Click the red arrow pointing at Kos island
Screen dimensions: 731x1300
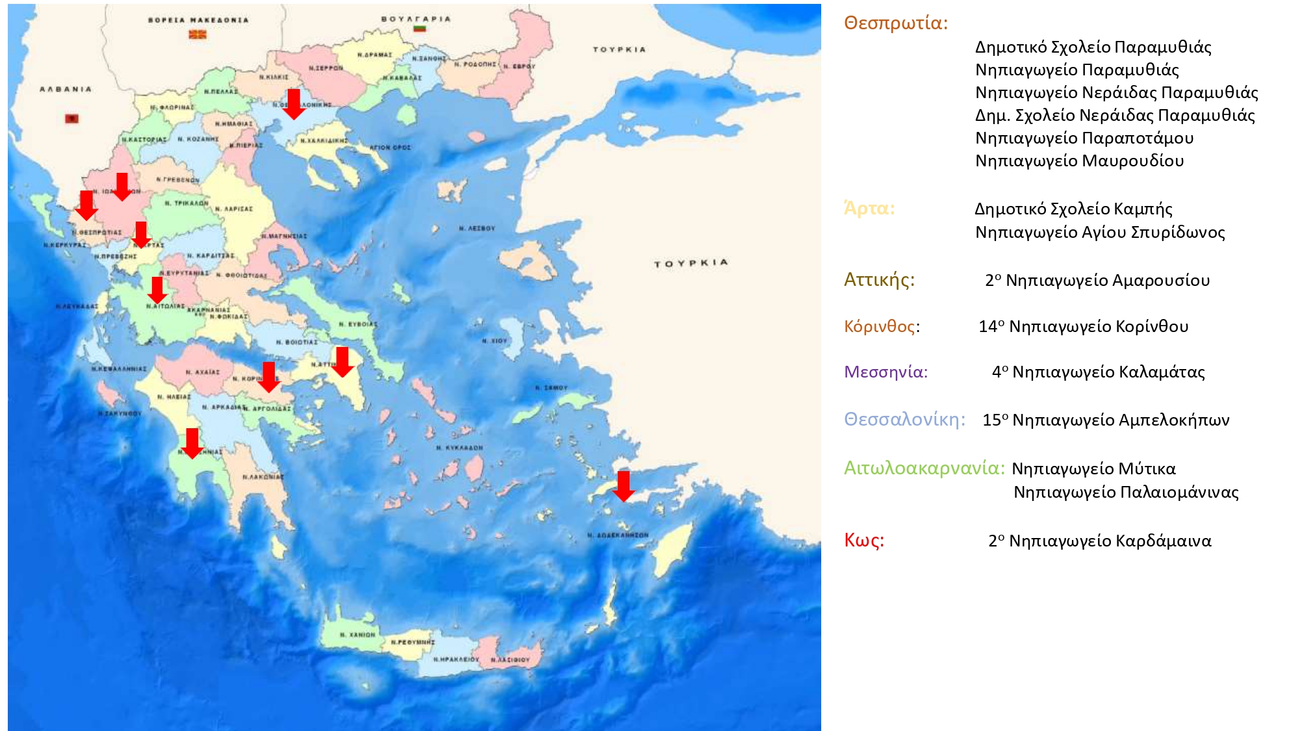pyautogui.click(x=623, y=485)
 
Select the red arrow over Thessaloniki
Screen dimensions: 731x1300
pyautogui.click(x=294, y=103)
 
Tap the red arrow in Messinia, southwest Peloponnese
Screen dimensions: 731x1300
pyautogui.click(x=192, y=442)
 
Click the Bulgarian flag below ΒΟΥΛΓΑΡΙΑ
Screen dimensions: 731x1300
pyautogui.click(x=419, y=29)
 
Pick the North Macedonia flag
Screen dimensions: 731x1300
pyautogui.click(x=198, y=34)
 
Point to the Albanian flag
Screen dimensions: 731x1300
pyautogui.click(x=71, y=118)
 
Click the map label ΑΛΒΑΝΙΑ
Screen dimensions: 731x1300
pyautogui.click(x=66, y=89)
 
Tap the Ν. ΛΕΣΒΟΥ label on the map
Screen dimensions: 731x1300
pyautogui.click(x=476, y=228)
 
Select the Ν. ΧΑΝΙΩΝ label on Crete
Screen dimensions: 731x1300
pyautogui.click(x=357, y=634)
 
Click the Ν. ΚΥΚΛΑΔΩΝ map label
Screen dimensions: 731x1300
pyautogui.click(x=459, y=448)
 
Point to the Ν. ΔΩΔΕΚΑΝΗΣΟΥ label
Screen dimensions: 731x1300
pyautogui.click(x=617, y=535)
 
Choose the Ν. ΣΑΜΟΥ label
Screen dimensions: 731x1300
pyautogui.click(x=551, y=387)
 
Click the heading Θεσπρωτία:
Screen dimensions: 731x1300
pyautogui.click(x=895, y=23)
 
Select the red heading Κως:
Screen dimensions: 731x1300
pyautogui.click(x=863, y=540)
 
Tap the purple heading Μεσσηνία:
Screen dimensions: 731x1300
pyautogui.click(x=886, y=372)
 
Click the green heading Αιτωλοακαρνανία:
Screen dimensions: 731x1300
pyautogui.click(x=924, y=468)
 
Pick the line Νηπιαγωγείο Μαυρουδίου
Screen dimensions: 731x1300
pyautogui.click(x=1079, y=160)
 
